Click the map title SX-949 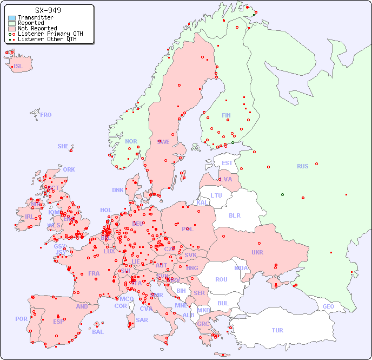tap(48, 10)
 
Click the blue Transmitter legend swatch tap(12, 18)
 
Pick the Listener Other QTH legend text tap(50, 39)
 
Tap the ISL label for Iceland tap(18, 67)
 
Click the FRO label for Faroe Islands tap(46, 115)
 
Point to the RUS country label tap(302, 166)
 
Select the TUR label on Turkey tap(277, 330)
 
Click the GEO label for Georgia tap(328, 306)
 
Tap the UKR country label tap(257, 252)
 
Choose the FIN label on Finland tap(226, 115)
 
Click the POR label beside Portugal tap(21, 319)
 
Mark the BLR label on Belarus tap(235, 215)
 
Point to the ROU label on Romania tap(221, 279)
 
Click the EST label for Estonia tap(227, 163)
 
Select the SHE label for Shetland tap(63, 146)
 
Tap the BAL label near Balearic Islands tap(98, 332)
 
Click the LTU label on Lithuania tap(216, 195)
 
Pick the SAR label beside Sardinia tap(142, 319)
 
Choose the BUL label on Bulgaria tap(223, 303)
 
